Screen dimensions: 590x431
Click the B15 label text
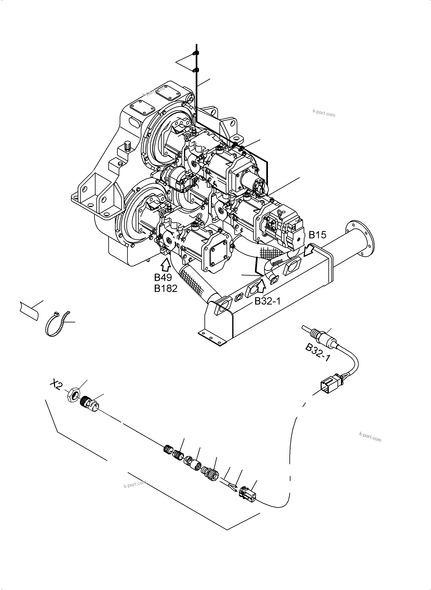coord(317,235)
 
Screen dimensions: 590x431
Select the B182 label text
coord(166,289)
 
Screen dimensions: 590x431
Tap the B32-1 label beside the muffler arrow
coord(267,301)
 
